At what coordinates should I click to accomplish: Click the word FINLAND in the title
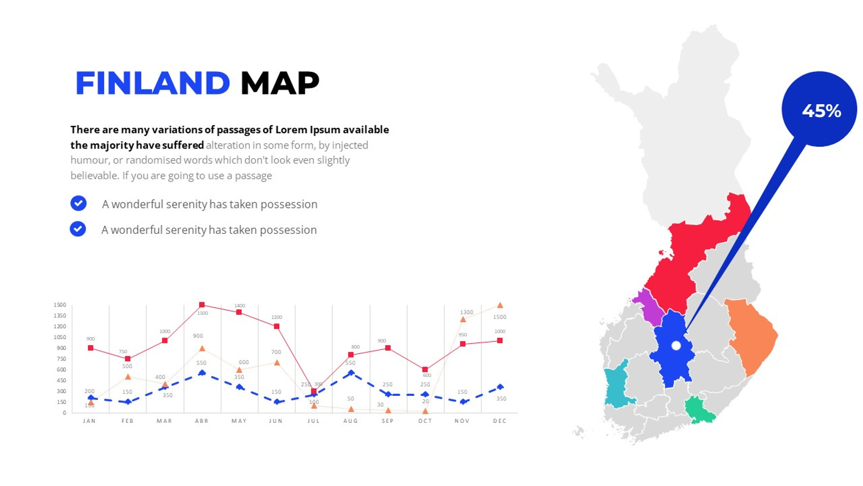click(x=153, y=83)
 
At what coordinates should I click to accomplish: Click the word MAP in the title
click(x=279, y=83)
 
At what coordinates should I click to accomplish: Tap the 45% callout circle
click(x=819, y=109)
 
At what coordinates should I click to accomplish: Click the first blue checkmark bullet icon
click(x=78, y=203)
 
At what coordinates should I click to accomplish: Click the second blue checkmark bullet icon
click(x=78, y=229)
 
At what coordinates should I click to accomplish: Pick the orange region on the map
click(x=752, y=335)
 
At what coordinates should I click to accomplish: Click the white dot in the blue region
click(x=676, y=346)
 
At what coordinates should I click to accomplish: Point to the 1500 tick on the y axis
click(x=60, y=305)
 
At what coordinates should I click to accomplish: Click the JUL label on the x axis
click(x=313, y=421)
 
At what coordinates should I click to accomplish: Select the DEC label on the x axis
click(x=499, y=421)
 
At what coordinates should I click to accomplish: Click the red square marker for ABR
click(x=202, y=305)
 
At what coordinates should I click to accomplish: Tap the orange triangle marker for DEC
click(x=500, y=306)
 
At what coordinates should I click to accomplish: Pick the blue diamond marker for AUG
click(x=351, y=373)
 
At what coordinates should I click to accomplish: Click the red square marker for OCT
click(x=425, y=369)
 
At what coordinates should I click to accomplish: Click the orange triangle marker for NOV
click(x=463, y=320)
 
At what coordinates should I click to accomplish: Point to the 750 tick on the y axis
click(x=61, y=359)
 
